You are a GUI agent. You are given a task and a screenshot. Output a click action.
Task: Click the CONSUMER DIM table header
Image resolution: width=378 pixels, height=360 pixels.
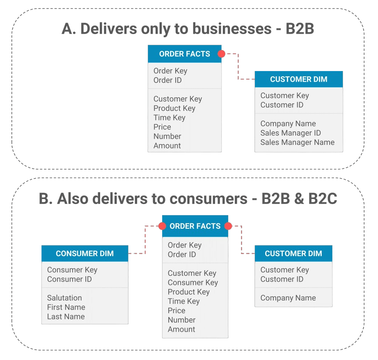[x=85, y=253]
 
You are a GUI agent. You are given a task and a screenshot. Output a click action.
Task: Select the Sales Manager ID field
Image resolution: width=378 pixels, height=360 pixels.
[x=290, y=133]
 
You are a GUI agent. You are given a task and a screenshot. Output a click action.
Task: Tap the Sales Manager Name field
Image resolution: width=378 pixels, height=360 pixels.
[x=297, y=142]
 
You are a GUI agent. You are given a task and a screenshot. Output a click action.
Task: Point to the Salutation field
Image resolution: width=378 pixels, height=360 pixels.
[x=64, y=298]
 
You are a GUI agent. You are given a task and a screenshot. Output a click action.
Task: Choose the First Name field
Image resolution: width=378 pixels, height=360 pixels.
[x=66, y=307]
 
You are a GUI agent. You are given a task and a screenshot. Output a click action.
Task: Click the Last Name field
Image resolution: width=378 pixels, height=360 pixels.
[x=66, y=316]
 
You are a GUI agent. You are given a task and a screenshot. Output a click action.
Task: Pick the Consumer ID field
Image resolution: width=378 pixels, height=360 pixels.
[x=69, y=279]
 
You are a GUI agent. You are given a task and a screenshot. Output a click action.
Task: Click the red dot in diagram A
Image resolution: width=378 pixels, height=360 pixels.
[x=221, y=54]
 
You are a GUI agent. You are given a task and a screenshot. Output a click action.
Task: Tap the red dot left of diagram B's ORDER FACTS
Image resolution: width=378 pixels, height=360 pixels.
[x=162, y=226]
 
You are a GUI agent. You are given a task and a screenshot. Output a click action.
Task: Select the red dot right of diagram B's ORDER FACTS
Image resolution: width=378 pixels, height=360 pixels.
[x=228, y=226]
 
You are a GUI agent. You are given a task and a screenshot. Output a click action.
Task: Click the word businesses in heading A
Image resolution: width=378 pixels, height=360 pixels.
[x=232, y=29]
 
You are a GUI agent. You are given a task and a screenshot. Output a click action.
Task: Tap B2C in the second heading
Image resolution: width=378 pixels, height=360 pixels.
[x=322, y=199]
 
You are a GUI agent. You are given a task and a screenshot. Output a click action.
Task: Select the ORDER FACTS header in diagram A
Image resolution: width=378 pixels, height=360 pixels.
[x=184, y=54]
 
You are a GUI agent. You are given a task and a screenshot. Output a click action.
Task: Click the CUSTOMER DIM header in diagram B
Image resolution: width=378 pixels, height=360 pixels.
[x=293, y=253]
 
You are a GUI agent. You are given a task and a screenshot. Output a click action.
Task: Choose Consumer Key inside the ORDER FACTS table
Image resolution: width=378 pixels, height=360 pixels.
[x=192, y=282]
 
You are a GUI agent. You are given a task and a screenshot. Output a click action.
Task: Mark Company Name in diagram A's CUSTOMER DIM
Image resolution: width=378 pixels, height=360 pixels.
[x=288, y=124]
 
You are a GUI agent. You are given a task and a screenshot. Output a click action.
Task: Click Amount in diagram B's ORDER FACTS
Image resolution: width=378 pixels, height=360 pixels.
[x=181, y=329]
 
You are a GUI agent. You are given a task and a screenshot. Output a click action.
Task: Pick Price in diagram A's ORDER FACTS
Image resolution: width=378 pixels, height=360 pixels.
[x=162, y=127]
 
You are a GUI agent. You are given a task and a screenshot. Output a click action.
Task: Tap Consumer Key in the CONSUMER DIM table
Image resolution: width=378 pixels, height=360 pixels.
[x=72, y=270]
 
